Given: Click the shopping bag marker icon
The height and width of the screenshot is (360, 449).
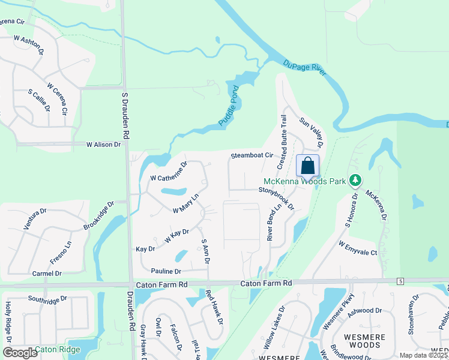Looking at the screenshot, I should (x=307, y=166).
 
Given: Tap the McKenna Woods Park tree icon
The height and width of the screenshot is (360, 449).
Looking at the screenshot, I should (x=355, y=180).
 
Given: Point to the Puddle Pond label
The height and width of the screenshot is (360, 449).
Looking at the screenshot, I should (x=228, y=106).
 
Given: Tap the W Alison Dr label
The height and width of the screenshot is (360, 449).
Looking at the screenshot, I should (x=103, y=145).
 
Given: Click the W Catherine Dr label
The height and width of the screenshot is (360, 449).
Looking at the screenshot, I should (x=169, y=171).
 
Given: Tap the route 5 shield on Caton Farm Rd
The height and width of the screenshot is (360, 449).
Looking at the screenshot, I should (x=400, y=281).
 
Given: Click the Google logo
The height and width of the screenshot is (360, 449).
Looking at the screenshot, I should (x=20, y=352).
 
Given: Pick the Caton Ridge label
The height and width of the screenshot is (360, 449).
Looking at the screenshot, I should (x=57, y=349).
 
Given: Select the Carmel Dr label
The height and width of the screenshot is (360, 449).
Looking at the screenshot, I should (x=47, y=273).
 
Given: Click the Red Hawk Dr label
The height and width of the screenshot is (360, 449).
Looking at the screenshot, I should (x=214, y=308).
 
